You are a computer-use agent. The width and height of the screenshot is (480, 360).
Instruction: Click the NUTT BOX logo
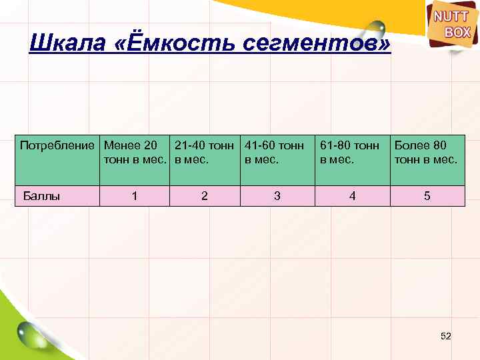click(x=453, y=26)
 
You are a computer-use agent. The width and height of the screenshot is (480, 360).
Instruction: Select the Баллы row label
click(x=42, y=196)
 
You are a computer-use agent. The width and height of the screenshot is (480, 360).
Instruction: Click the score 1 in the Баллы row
click(x=135, y=196)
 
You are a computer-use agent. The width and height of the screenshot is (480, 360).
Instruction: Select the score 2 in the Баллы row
click(x=204, y=196)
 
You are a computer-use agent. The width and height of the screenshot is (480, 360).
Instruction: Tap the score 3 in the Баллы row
click(x=277, y=196)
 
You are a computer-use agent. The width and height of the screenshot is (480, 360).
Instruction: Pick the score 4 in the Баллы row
click(x=353, y=196)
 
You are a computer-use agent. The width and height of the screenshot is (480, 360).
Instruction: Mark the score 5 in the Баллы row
click(x=427, y=196)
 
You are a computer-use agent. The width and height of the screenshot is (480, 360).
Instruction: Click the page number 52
click(x=446, y=337)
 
